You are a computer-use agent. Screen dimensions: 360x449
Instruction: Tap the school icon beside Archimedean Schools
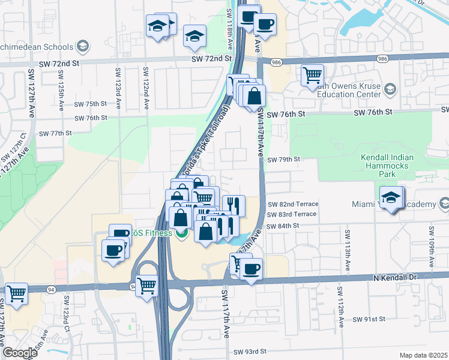point(83,46)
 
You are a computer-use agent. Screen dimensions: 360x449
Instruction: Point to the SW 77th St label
point(55,133)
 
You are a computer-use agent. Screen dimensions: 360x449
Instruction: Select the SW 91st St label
point(369,319)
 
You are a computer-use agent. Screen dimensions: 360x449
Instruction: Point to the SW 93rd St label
point(250,351)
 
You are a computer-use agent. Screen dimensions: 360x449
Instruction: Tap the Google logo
point(20,353)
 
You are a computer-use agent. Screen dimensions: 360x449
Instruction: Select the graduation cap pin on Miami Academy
point(391,198)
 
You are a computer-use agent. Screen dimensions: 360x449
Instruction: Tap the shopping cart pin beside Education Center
point(312,76)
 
